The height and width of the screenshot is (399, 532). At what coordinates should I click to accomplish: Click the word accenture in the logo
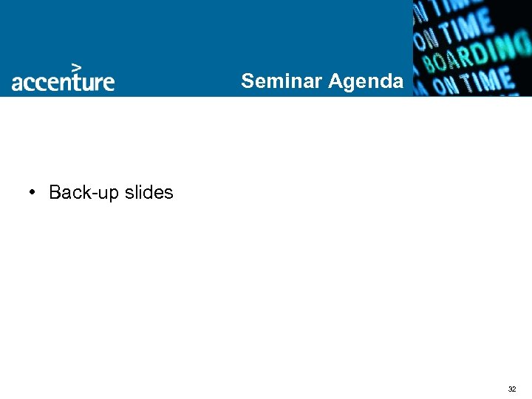pos(63,81)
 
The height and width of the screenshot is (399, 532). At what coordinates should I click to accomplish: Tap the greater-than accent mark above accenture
pos(76,66)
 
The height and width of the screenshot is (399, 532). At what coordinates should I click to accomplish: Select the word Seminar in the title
pos(282,81)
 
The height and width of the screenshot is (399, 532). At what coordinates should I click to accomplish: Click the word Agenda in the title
pos(366,81)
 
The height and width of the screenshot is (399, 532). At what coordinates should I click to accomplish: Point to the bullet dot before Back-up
pos(33,192)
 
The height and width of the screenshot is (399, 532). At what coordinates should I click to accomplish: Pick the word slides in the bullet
pos(149,192)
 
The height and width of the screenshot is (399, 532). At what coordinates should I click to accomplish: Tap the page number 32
pos(511,389)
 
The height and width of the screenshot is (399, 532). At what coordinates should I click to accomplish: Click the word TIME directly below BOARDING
pos(485,81)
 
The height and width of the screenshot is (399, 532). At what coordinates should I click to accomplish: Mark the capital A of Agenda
pos(335,81)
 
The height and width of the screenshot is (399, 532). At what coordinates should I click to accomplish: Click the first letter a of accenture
pos(17,83)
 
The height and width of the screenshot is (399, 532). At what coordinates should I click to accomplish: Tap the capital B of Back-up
pos(55,192)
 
